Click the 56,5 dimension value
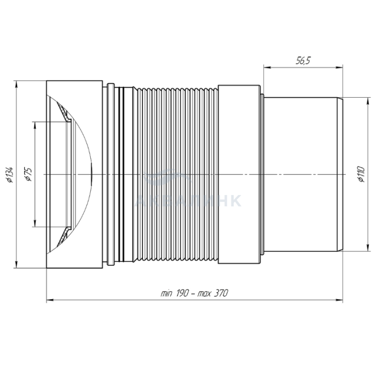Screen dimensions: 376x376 [x=303, y=61]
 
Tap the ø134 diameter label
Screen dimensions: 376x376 [x=10, y=175]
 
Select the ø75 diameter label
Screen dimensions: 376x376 [x=28, y=175]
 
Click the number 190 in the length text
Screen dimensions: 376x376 [x=183, y=293]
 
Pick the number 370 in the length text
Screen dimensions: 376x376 [x=220, y=293]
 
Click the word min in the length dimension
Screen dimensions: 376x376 [x=166, y=293]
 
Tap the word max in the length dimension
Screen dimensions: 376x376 [x=204, y=294]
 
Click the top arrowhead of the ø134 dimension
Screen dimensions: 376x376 [x=16, y=84]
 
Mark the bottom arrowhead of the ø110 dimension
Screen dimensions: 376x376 [x=367, y=248]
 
